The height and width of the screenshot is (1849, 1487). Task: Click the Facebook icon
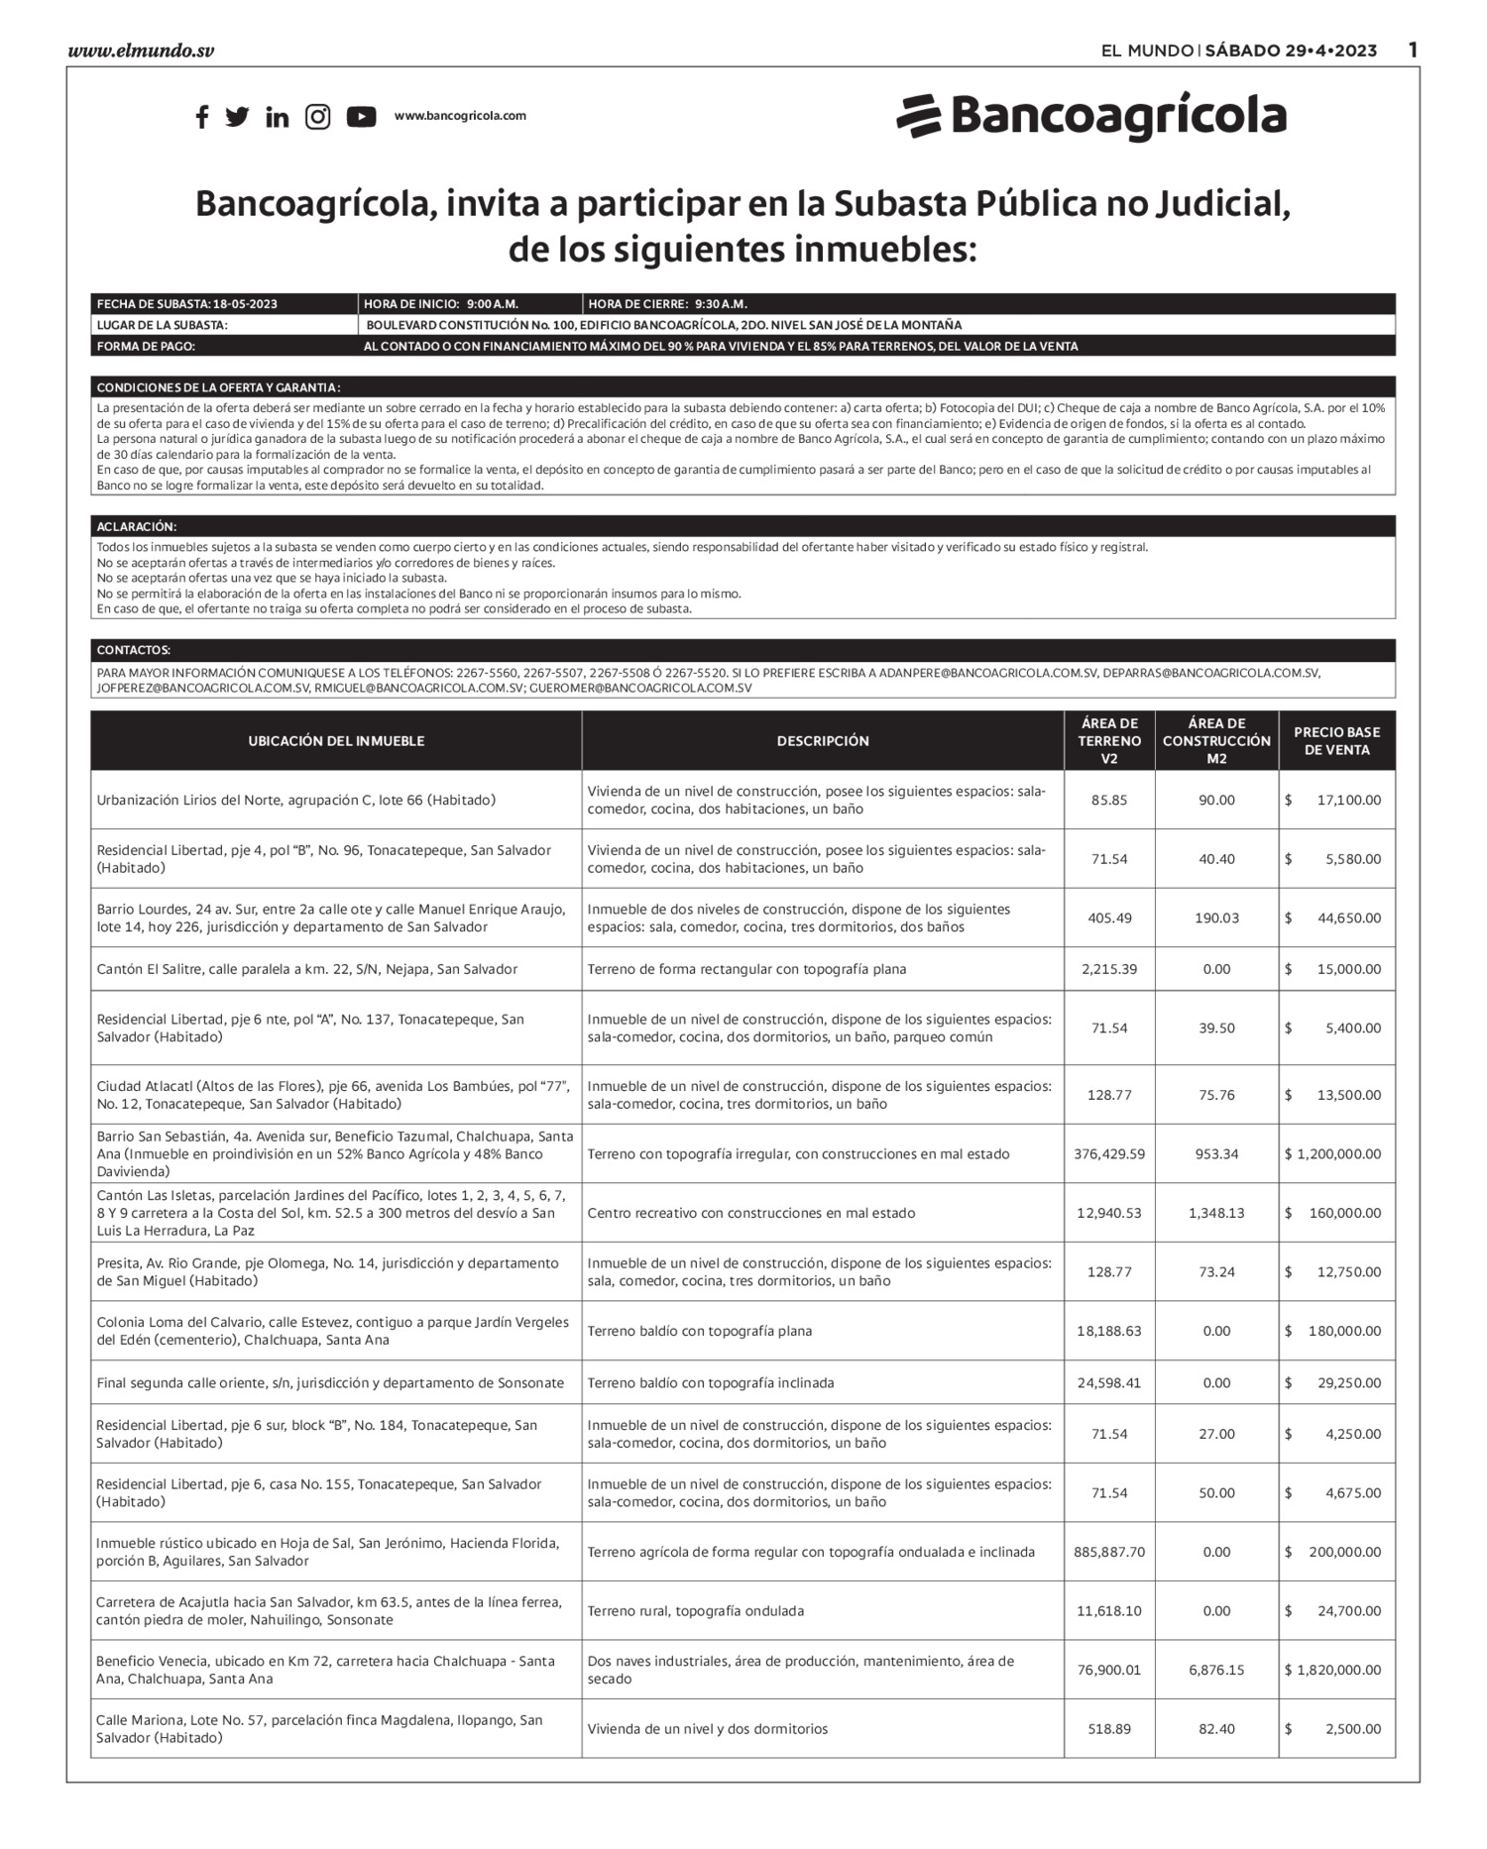tap(202, 117)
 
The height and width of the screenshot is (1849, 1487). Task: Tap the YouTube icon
tap(361, 117)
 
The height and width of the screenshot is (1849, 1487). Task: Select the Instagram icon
tap(317, 117)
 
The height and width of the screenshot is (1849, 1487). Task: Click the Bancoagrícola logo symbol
tap(918, 116)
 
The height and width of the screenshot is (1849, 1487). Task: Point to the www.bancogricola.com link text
tap(460, 116)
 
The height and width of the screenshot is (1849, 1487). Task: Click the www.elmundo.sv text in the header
tap(141, 51)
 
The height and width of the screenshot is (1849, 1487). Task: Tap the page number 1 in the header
tap(1413, 50)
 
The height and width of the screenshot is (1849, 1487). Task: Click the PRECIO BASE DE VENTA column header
tap(1336, 741)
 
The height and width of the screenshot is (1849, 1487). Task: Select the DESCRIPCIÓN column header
tap(823, 741)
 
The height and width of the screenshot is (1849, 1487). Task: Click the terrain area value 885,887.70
tap(1109, 1552)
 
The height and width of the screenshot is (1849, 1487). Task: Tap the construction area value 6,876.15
tap(1216, 1670)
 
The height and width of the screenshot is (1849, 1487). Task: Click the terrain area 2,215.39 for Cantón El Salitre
tap(1109, 969)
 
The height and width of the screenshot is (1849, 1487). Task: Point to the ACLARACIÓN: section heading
tap(137, 527)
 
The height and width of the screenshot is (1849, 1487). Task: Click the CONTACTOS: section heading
tap(134, 651)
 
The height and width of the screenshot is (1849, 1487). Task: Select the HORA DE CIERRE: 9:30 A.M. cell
tap(668, 304)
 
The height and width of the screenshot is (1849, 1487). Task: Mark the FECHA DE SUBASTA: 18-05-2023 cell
tap(187, 304)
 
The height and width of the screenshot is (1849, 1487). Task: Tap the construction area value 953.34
tap(1216, 1153)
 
